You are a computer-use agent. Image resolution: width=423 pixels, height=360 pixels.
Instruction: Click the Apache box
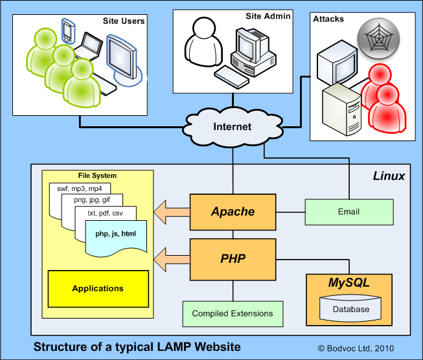tap(233, 212)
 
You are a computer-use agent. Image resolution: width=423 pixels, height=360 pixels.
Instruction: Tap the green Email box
tap(349, 212)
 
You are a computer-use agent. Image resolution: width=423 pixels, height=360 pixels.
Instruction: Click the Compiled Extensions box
tap(233, 313)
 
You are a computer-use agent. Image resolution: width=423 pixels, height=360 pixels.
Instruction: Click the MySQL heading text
tap(349, 283)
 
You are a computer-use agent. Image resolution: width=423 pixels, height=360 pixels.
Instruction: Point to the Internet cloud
tap(232, 126)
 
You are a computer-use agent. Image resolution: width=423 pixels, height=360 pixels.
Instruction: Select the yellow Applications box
tap(98, 288)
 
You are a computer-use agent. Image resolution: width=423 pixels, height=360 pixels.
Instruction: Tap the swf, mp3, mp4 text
tap(76, 188)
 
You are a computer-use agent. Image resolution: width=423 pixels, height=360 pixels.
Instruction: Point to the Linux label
tap(389, 176)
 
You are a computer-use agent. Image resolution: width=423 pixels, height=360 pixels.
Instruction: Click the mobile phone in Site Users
tap(69, 30)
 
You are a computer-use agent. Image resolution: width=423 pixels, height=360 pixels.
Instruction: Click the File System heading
tap(97, 175)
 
